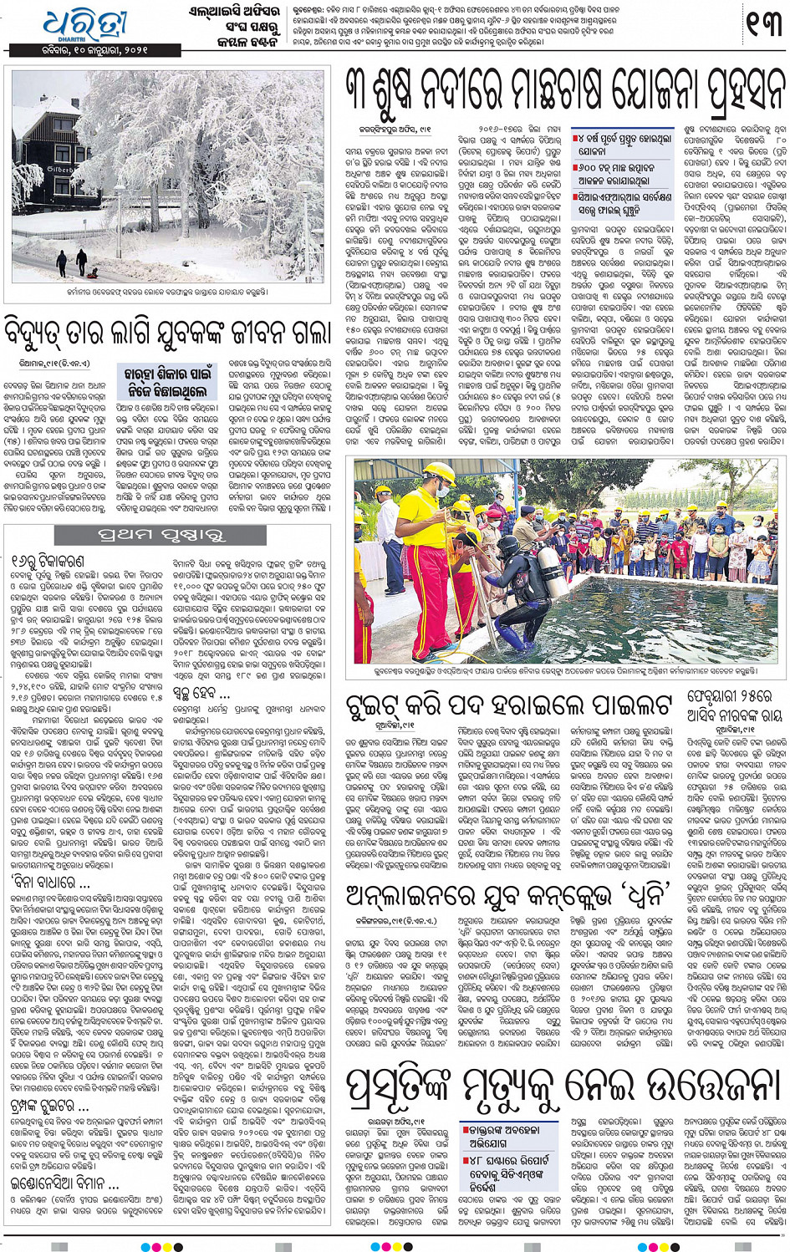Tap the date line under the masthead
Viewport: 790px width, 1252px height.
pyautogui.click(x=94, y=51)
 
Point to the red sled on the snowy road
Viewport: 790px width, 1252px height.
pyautogui.click(x=93, y=272)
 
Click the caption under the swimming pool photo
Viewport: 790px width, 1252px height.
pyautogui.click(x=565, y=670)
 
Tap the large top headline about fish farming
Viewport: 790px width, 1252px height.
pyautogui.click(x=565, y=93)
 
